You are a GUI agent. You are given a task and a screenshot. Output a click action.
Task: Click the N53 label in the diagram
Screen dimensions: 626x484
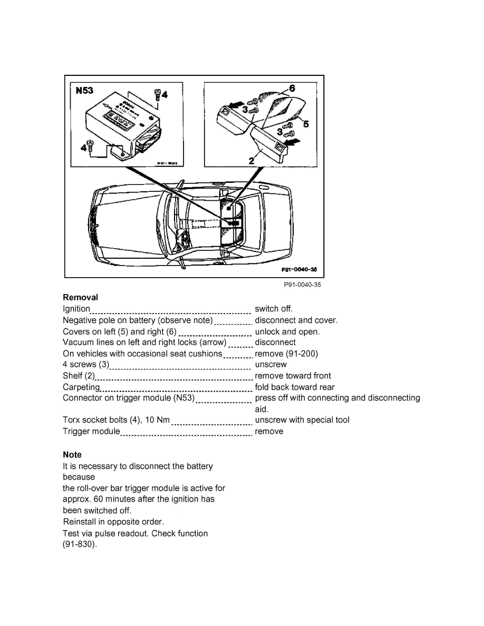pos(82,90)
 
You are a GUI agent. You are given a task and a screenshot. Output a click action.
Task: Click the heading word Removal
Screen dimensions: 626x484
pos(80,297)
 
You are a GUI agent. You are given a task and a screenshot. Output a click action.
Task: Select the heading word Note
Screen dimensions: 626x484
pos(72,454)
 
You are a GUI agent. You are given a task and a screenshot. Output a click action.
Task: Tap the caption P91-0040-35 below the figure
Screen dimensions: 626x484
pos(302,285)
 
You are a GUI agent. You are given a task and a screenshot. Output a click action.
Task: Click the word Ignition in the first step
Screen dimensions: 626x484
pos(76,309)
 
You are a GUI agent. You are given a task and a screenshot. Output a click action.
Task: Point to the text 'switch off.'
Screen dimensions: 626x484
pos(273,309)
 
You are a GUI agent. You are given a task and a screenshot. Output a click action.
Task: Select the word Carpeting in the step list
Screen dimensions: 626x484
pos(81,387)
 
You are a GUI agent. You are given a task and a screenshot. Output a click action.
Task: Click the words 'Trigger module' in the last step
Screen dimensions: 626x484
pos(91,432)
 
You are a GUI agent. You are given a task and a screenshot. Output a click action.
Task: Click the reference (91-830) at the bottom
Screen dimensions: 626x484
pos(80,545)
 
